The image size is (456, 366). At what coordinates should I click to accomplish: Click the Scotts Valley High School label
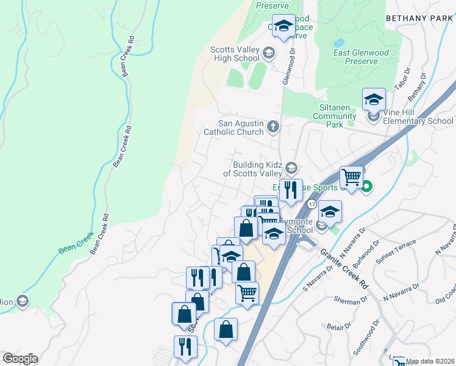tap(235, 54)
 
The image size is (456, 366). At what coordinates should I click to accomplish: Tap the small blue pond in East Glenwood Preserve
tap(338, 43)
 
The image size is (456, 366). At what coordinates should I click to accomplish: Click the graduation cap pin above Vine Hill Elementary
tap(374, 98)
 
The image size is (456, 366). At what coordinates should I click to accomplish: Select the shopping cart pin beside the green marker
tap(351, 178)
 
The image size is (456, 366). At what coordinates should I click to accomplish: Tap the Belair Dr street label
tap(337, 327)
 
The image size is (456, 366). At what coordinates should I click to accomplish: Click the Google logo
tap(20, 359)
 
